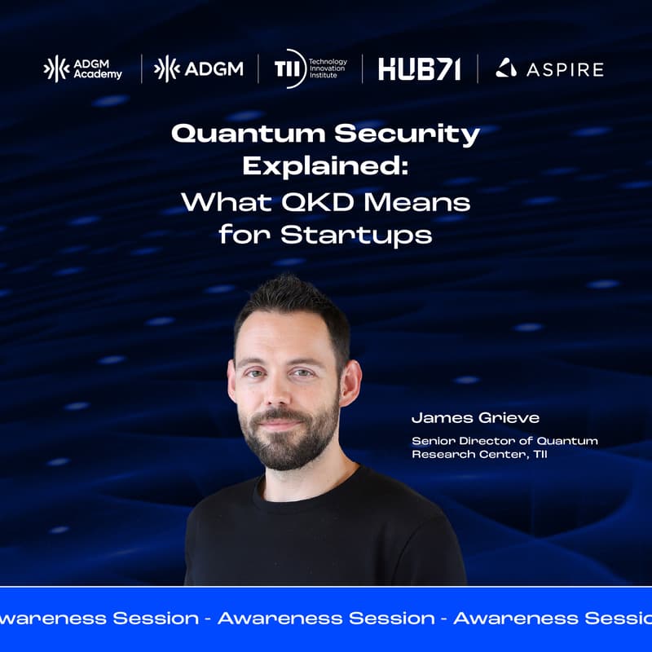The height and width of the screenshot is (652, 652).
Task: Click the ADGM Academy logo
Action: (82, 68)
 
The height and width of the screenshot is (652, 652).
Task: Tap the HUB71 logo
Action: (419, 69)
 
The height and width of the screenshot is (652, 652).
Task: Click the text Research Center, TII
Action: (479, 454)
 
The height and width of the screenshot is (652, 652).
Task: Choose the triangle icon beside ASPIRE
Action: (505, 68)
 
